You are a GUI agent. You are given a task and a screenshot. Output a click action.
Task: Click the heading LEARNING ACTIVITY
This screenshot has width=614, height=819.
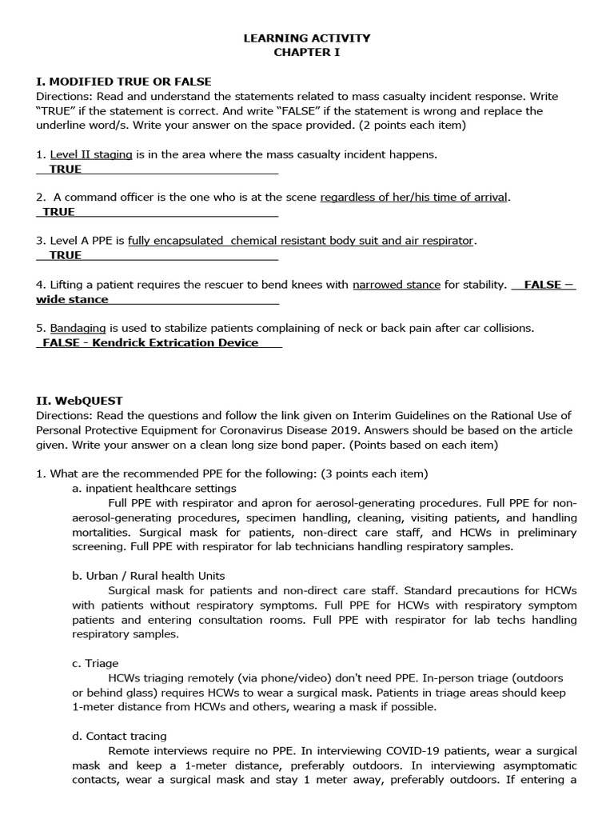(307, 38)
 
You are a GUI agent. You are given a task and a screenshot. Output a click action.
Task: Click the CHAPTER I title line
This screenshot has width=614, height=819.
(307, 52)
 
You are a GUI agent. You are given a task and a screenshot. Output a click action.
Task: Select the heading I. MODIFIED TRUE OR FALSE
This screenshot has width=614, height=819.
(124, 82)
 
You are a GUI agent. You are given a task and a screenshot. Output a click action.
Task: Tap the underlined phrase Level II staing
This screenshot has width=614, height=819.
(91, 154)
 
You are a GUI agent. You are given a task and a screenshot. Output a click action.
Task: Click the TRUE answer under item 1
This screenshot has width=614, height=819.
(65, 170)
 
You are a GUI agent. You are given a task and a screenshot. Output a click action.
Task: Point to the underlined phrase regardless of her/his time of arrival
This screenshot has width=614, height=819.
(413, 198)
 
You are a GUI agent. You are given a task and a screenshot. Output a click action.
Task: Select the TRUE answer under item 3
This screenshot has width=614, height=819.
(65, 255)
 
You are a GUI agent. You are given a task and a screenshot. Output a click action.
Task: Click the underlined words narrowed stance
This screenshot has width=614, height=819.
(396, 284)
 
